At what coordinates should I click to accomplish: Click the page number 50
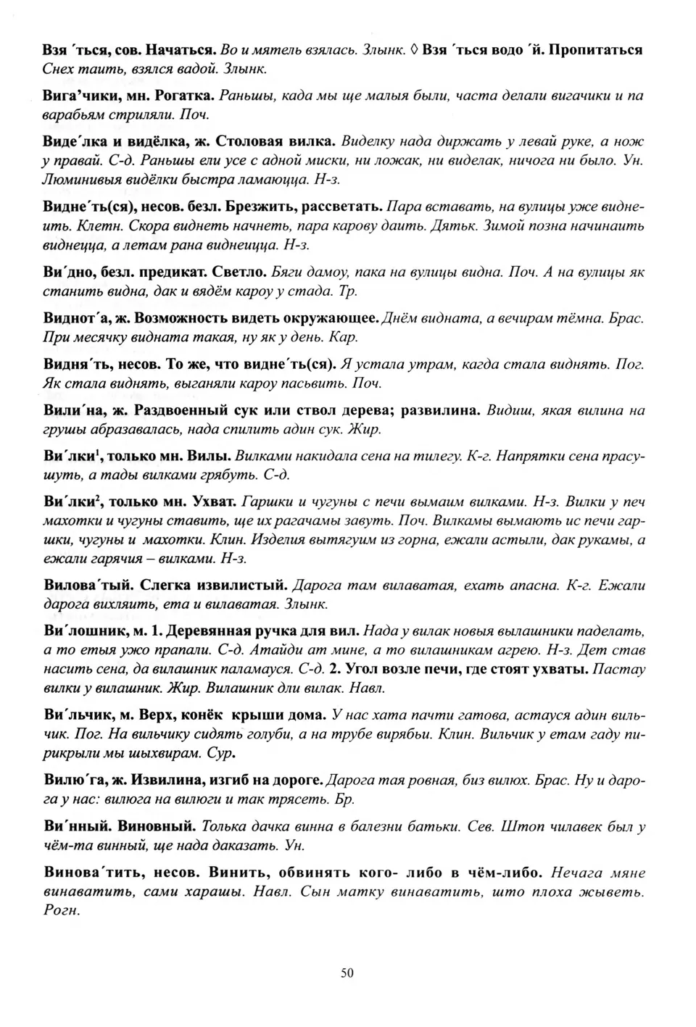347,973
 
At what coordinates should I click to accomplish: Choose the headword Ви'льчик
73,715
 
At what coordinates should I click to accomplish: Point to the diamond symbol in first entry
413,51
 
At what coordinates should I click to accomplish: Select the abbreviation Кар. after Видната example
343,337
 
